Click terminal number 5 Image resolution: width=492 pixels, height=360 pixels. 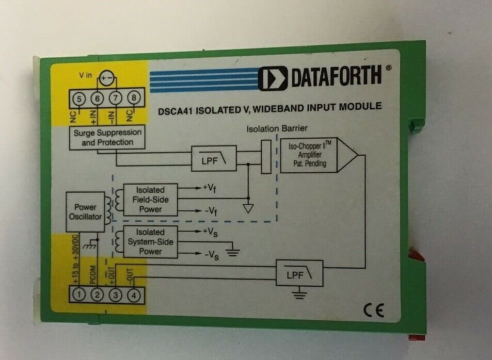pyautogui.click(x=79, y=99)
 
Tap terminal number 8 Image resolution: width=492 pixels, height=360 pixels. pyautogui.click(x=134, y=98)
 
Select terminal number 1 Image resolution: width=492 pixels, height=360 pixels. pyautogui.click(x=79, y=295)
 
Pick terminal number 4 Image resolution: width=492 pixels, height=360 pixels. pyautogui.click(x=134, y=296)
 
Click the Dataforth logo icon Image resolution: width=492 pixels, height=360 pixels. pyautogui.click(x=273, y=78)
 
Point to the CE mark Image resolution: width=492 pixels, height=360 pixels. pyautogui.click(x=374, y=310)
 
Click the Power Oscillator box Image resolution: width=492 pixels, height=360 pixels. pyautogui.click(x=85, y=212)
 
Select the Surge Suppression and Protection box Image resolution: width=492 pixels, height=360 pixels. pyautogui.click(x=107, y=137)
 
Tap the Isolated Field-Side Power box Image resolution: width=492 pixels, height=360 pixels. pyautogui.click(x=151, y=200)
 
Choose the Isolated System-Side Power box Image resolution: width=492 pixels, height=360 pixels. pyautogui.click(x=151, y=242)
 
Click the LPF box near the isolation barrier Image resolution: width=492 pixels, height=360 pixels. pyautogui.click(x=214, y=158)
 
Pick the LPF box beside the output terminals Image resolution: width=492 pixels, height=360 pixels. pyautogui.click(x=299, y=273)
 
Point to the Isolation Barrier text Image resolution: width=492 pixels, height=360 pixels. pyautogui.click(x=277, y=128)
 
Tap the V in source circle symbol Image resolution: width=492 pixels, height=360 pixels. pyautogui.click(x=107, y=78)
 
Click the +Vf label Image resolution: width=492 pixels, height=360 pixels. pyautogui.click(x=209, y=188)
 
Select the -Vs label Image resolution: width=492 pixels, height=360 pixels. pyautogui.click(x=212, y=256)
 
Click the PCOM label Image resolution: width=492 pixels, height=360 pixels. pyautogui.click(x=93, y=275)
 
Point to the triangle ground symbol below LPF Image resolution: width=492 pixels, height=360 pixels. pyautogui.click(x=248, y=209)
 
